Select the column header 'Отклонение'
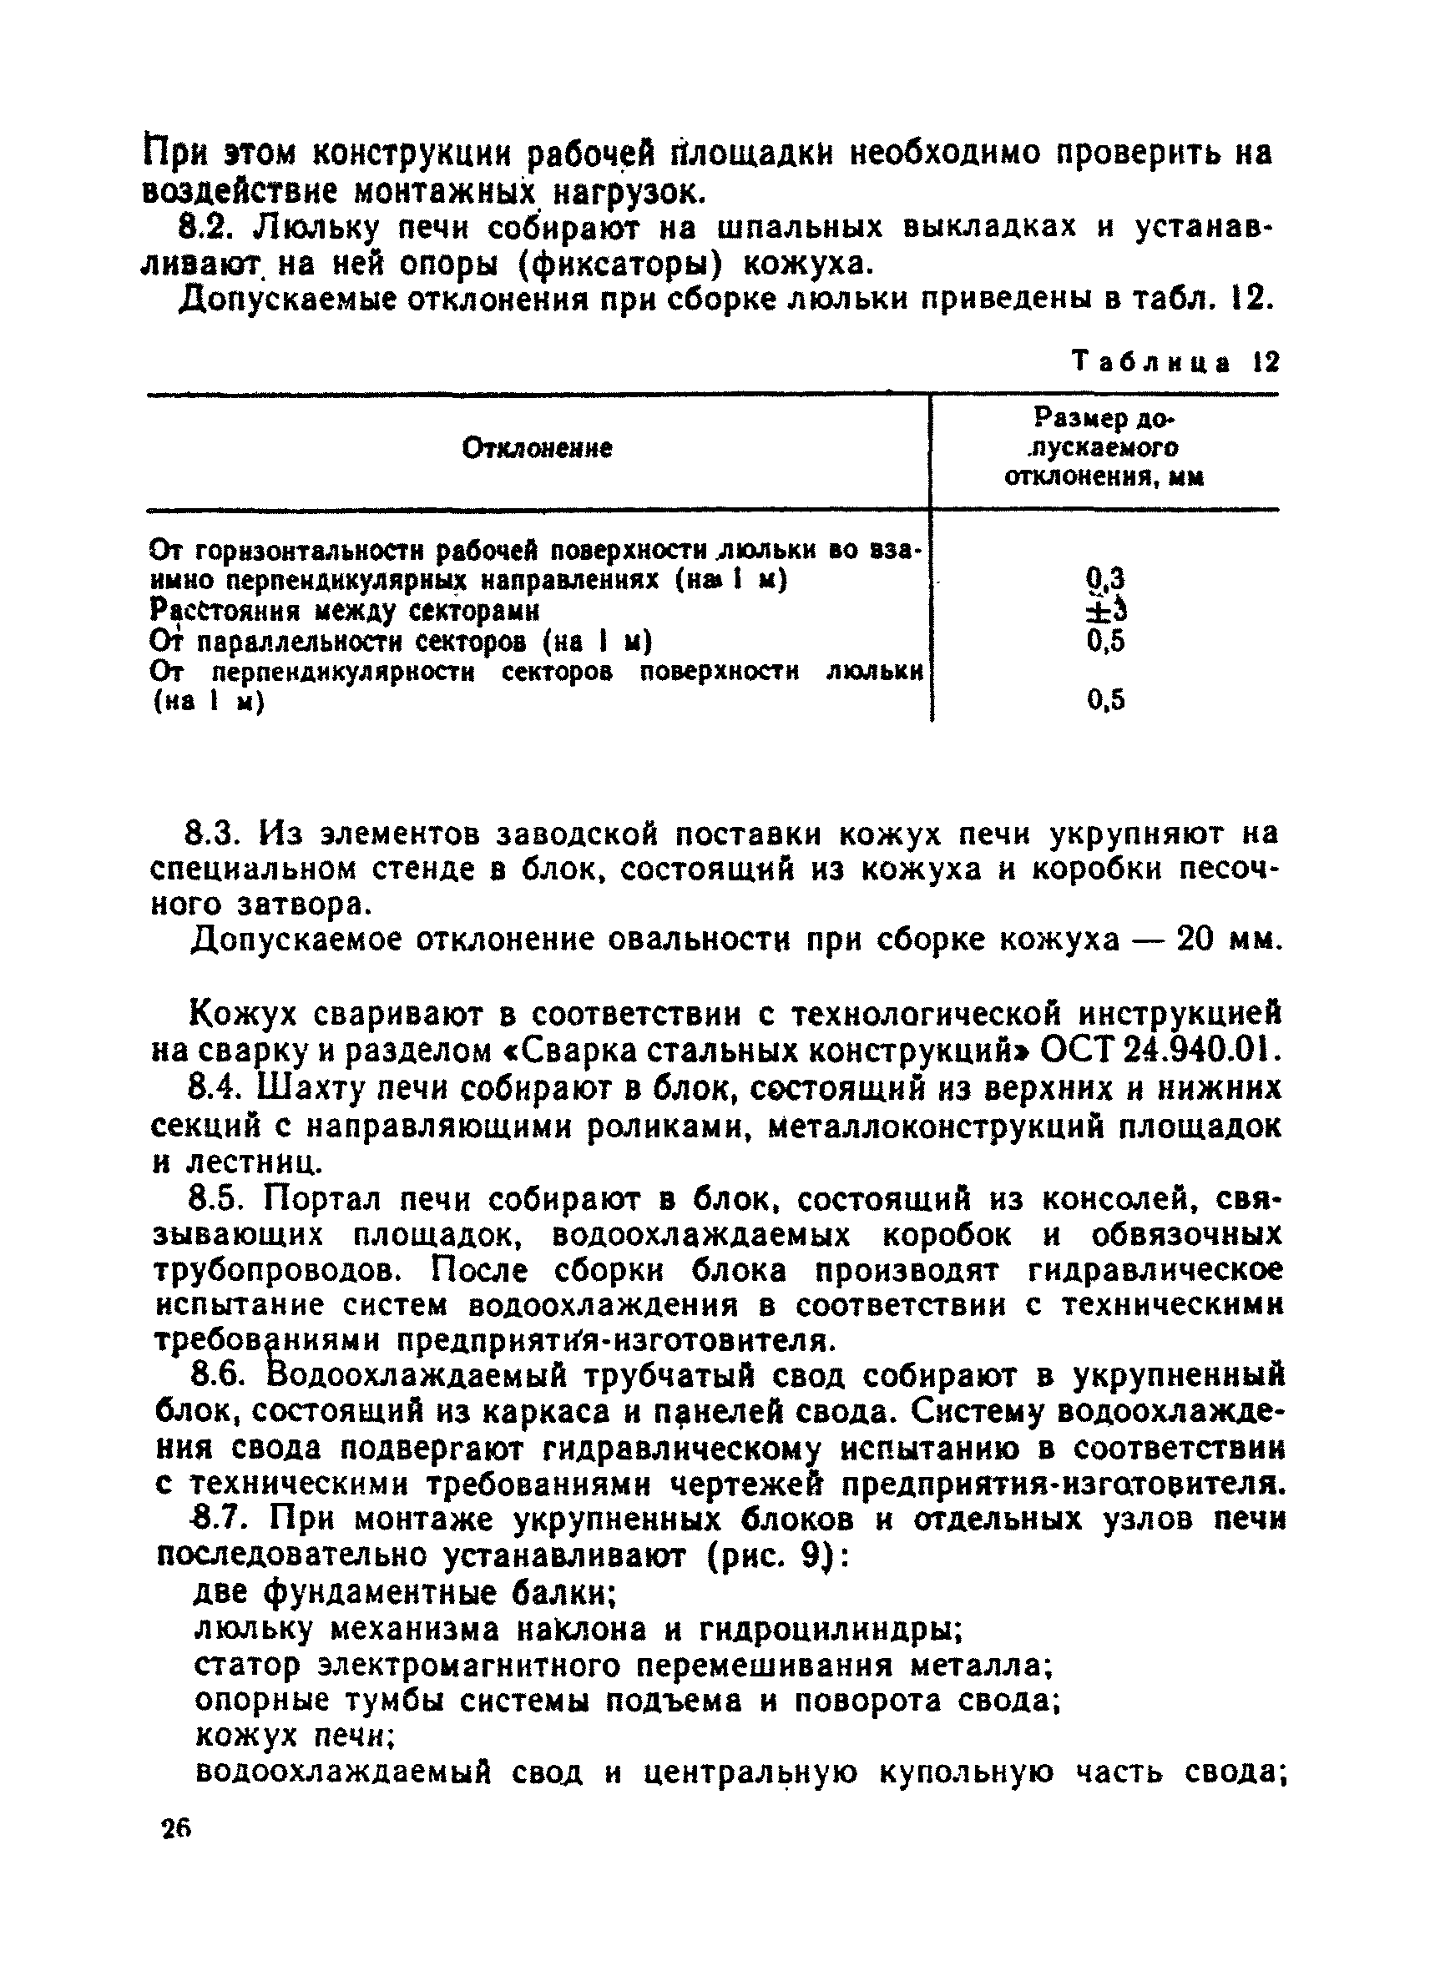pyautogui.click(x=537, y=448)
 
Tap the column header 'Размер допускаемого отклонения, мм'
pyautogui.click(x=1104, y=448)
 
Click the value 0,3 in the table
pyautogui.click(x=1105, y=579)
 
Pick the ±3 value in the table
pyautogui.click(x=1105, y=610)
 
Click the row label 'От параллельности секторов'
pyautogui.click(x=400, y=642)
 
